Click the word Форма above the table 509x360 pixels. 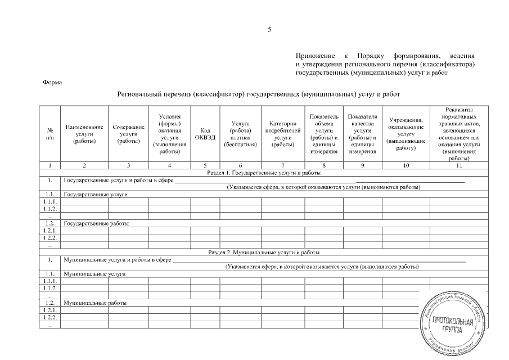click(x=52, y=83)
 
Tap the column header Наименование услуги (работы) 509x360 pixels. click(x=84, y=134)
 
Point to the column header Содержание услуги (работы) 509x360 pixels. click(x=128, y=134)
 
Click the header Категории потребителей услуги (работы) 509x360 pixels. click(x=283, y=134)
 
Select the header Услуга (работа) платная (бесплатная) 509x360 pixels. click(x=240, y=134)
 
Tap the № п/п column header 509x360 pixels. click(x=51, y=134)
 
